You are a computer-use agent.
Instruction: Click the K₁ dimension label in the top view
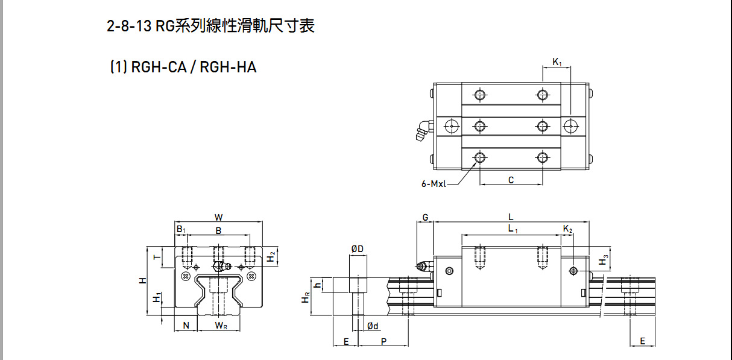(x=557, y=62)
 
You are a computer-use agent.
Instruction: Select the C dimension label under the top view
(x=511, y=180)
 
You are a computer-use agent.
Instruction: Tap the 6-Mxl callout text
(x=434, y=184)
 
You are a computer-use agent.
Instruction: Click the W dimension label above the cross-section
(x=218, y=217)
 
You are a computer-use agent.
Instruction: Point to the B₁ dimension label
(x=181, y=230)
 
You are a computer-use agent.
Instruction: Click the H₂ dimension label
(x=272, y=257)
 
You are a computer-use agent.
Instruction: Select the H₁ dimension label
(x=157, y=298)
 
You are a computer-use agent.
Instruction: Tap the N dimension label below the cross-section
(x=186, y=326)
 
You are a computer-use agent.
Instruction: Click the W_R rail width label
(x=221, y=326)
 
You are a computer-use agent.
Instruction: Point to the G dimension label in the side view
(x=425, y=217)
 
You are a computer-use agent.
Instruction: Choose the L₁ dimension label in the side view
(x=512, y=229)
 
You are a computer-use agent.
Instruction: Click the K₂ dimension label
(x=567, y=229)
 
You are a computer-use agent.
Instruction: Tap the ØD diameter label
(x=357, y=248)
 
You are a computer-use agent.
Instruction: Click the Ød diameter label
(x=373, y=326)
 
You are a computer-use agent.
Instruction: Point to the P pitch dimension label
(x=384, y=341)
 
